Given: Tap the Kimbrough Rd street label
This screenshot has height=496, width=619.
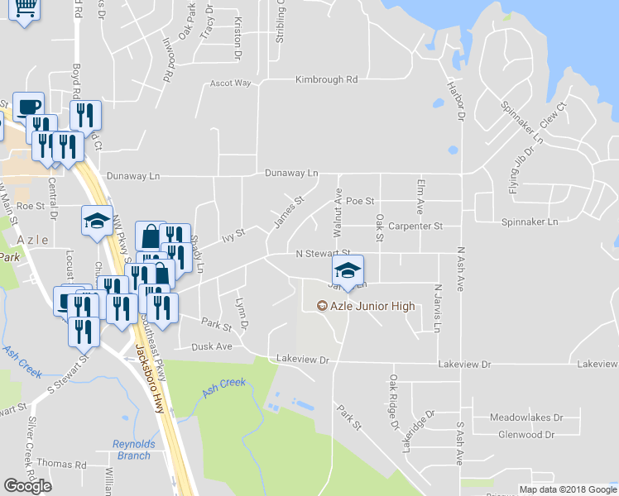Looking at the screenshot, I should (x=327, y=80).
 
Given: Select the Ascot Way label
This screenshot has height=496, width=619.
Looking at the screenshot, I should (x=230, y=83).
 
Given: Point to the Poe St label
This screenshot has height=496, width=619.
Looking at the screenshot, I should (x=360, y=201).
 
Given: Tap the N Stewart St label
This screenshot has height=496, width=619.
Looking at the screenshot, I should (x=324, y=253).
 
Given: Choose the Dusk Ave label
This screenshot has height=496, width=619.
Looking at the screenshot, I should (x=212, y=347).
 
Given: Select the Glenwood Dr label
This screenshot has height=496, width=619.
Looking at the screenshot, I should (x=526, y=434).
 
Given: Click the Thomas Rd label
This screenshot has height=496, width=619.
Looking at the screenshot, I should (x=61, y=465).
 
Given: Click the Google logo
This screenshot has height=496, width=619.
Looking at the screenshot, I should (x=27, y=486).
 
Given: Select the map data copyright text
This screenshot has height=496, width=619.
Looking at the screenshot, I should (x=569, y=489).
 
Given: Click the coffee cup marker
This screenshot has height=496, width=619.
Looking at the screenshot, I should (x=28, y=106).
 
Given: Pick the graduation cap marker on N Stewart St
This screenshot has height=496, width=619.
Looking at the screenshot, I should (x=348, y=269).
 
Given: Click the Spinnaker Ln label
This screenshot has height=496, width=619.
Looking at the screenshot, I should (x=530, y=222).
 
